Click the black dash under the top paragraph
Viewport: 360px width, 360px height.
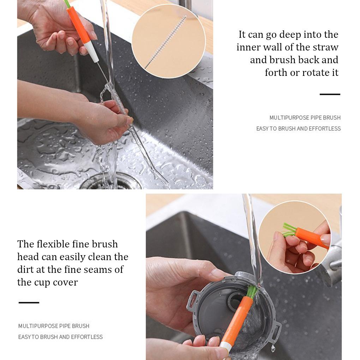tap(330, 94)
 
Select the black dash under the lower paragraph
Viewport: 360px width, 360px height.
tap(29, 302)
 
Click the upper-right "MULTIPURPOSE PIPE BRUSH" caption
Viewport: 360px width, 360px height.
tap(305, 118)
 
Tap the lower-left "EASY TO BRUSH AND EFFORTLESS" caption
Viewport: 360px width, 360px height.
tap(60, 337)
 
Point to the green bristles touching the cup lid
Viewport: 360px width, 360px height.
tap(252, 291)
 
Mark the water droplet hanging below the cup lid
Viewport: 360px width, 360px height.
tap(273, 348)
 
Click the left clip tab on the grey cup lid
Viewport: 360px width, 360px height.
tap(192, 300)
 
